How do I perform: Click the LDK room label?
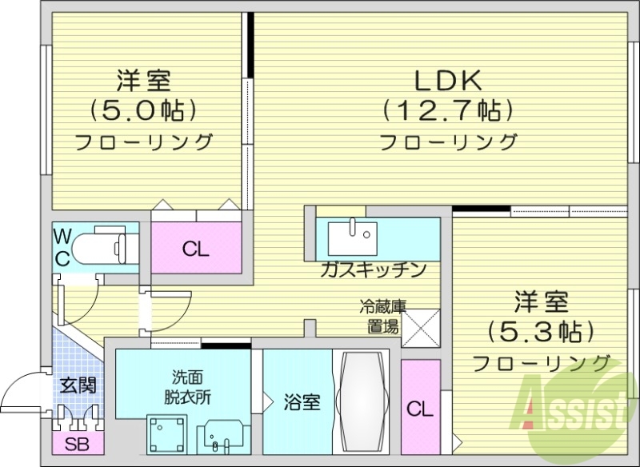[447, 80]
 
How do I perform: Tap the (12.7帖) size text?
[447, 110]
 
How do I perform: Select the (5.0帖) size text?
[144, 110]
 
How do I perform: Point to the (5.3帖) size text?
[541, 330]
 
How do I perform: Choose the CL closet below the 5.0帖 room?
[195, 249]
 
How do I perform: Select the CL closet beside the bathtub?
[420, 409]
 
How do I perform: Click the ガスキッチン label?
[372, 269]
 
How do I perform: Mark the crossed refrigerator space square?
[421, 328]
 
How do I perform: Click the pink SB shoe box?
[77, 445]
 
